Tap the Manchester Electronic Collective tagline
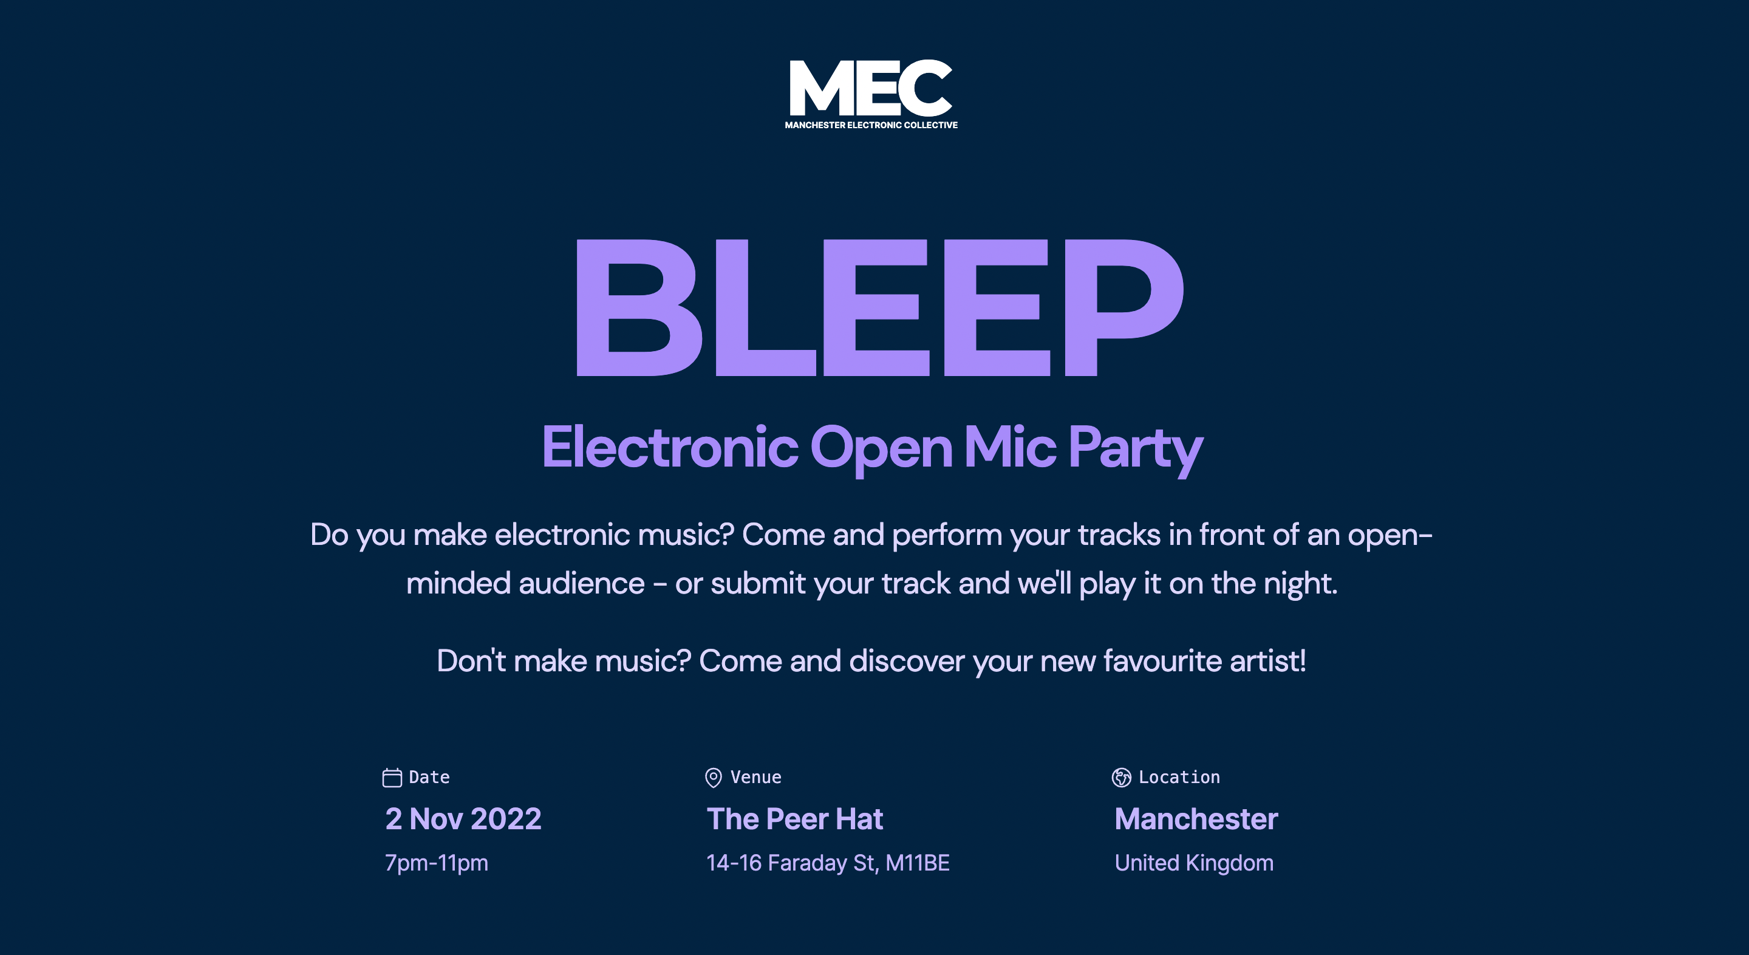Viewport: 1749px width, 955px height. (x=871, y=125)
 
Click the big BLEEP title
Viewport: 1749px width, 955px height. (x=879, y=307)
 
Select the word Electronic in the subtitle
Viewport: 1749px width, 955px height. (x=670, y=447)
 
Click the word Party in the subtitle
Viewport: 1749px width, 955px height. (x=1135, y=448)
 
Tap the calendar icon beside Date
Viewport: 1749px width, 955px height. (x=392, y=777)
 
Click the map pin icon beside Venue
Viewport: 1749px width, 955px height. (x=713, y=777)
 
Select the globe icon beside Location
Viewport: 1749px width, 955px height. (x=1121, y=777)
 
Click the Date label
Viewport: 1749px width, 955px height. (x=429, y=777)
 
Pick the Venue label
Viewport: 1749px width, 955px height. (x=755, y=777)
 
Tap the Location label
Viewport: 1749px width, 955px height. (x=1179, y=777)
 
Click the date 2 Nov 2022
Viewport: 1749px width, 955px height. (x=463, y=818)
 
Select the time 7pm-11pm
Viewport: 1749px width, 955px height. (x=437, y=863)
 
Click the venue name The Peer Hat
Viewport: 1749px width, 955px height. (x=794, y=818)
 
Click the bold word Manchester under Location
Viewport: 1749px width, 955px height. (x=1196, y=818)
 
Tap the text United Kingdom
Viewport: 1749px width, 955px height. (x=1193, y=863)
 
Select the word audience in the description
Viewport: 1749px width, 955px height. (x=581, y=583)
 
